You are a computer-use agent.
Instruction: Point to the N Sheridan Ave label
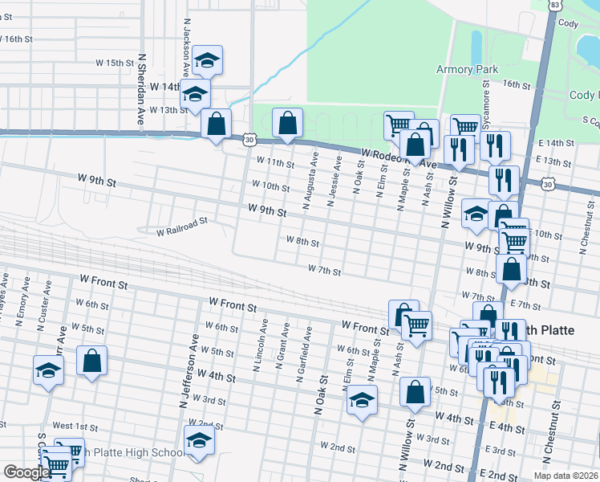pos(141,88)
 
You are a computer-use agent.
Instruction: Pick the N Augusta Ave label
pos(306,182)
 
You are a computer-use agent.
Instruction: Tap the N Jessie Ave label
pos(330,181)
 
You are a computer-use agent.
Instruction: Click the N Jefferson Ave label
pos(193,363)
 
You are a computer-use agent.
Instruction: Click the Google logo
pos(26,472)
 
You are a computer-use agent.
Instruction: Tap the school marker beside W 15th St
pos(207,60)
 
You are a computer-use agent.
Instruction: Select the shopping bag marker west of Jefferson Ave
pos(92,361)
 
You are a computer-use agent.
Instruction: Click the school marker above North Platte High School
pos(199,441)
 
